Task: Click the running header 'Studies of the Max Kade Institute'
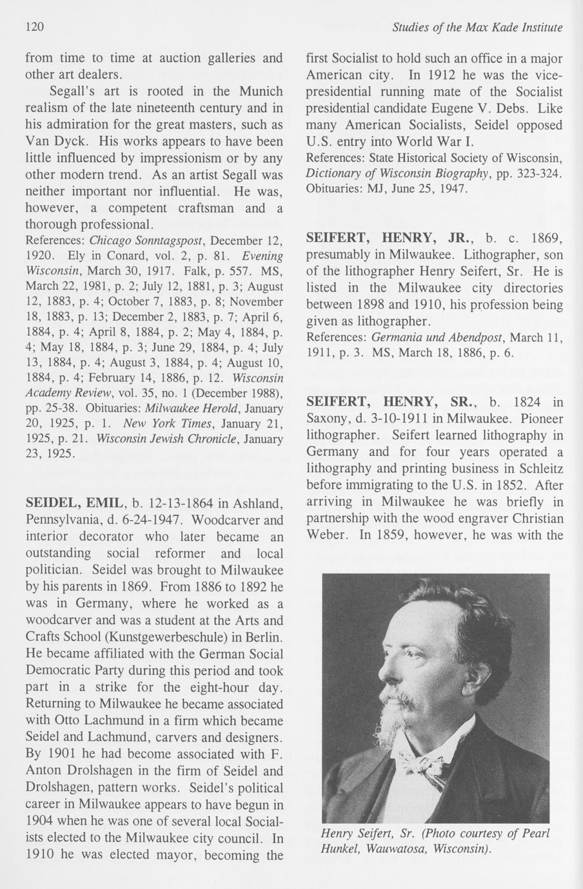[x=477, y=27]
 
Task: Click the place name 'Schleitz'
[x=540, y=469]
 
